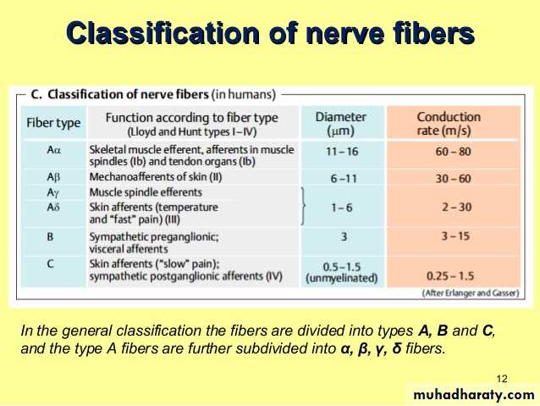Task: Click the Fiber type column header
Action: [x=53, y=123]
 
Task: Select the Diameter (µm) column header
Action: [x=340, y=124]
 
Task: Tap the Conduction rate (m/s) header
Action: [x=449, y=124]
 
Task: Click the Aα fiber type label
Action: [x=53, y=150]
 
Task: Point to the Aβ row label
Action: [x=53, y=177]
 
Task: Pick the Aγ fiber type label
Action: [x=53, y=192]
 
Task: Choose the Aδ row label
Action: [x=53, y=207]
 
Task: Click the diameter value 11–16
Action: [x=342, y=152]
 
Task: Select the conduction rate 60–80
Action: [x=453, y=152]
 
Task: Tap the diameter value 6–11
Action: [x=344, y=179]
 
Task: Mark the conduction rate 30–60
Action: [x=453, y=179]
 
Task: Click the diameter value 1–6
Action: [x=342, y=208]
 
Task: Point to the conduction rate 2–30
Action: [x=457, y=208]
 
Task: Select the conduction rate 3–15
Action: [x=455, y=236]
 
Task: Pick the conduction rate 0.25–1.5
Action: [x=450, y=276]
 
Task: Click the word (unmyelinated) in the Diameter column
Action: [x=342, y=278]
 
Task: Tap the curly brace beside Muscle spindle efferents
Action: [x=303, y=206]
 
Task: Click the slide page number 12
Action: [x=502, y=379]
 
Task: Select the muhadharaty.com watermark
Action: [x=474, y=394]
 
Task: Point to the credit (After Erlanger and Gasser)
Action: [x=471, y=293]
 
